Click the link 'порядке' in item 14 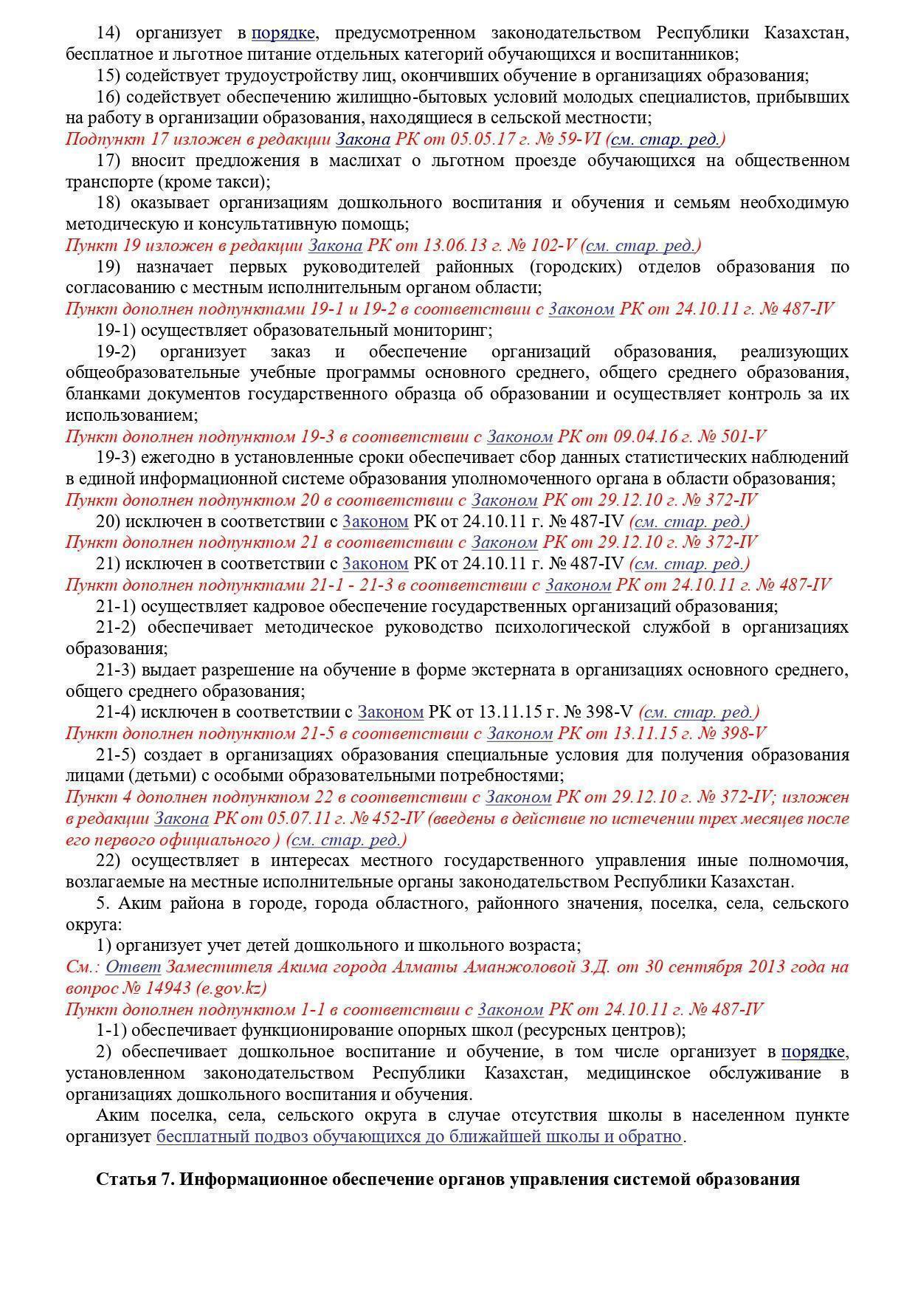coord(284,33)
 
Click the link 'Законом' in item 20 coord(375,521)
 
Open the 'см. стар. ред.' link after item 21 coord(690,564)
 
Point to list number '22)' coord(108,861)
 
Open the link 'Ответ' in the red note coord(133,967)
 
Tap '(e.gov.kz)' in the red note coord(231,988)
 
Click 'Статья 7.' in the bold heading coord(134,1179)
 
